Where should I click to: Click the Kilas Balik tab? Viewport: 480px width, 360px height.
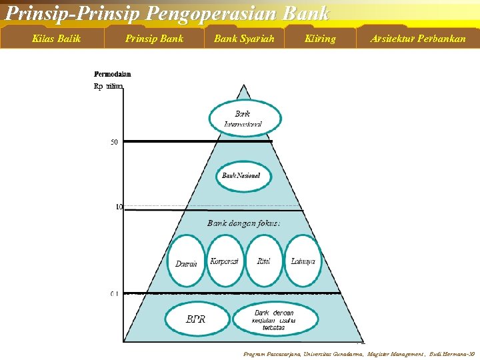(x=57, y=39)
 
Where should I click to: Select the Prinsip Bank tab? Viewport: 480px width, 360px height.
(x=154, y=39)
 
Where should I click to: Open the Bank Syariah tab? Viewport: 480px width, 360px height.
(x=244, y=39)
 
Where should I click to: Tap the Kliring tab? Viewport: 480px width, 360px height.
(x=320, y=39)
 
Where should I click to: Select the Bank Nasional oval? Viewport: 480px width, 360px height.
(x=241, y=176)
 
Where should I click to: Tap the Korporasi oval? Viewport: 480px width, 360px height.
(x=224, y=261)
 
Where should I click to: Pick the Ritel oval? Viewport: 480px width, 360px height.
(x=264, y=261)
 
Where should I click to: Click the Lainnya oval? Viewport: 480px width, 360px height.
(x=303, y=261)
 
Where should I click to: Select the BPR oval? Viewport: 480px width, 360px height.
(x=196, y=319)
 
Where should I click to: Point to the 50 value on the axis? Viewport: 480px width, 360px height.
(x=114, y=142)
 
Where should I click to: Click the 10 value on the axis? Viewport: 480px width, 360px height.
(x=119, y=207)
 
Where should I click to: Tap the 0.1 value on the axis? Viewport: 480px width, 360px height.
(x=114, y=293)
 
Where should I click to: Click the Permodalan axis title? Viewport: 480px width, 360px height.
(x=113, y=74)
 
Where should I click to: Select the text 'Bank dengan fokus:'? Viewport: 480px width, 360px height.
(x=243, y=223)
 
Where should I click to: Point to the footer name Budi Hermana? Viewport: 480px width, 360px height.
(x=454, y=354)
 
